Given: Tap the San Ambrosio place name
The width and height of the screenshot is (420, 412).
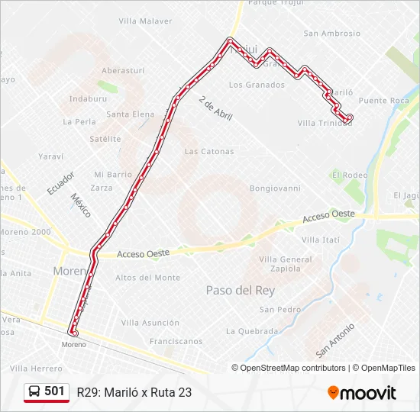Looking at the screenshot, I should (331, 34).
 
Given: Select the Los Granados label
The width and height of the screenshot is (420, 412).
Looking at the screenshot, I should (257, 85).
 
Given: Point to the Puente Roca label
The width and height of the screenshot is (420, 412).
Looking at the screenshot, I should (383, 101).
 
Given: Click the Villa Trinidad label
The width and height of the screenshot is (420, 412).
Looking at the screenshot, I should (325, 123).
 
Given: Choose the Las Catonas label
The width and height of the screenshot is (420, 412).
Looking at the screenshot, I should (209, 151).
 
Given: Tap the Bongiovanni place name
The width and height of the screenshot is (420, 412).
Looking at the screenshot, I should (275, 188).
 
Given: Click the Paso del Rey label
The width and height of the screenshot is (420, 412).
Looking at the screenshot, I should (241, 291).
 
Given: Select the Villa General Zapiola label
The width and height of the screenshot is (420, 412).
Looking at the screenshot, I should (286, 264).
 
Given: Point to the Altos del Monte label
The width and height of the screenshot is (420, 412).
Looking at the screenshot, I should (147, 278).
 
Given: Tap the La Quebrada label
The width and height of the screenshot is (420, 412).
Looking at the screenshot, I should (252, 331).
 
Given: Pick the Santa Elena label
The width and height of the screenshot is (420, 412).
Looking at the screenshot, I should (130, 114).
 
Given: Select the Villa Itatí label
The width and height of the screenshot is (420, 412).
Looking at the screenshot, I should (321, 240).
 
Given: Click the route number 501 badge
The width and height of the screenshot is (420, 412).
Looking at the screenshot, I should (54, 391).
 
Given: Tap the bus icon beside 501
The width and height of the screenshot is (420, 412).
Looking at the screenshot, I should (35, 392).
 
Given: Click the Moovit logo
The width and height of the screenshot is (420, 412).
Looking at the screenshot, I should (362, 393).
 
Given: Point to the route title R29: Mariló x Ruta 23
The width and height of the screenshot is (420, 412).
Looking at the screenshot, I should (134, 392).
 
